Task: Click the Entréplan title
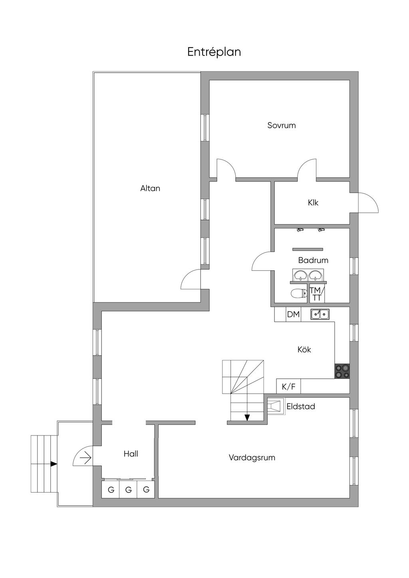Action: tap(214, 52)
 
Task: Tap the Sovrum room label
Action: tap(282, 125)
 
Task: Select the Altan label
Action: tap(150, 188)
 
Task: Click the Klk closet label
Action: tap(313, 202)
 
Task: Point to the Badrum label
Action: tap(313, 260)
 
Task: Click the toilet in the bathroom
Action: tap(299, 293)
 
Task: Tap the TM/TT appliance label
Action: tap(317, 294)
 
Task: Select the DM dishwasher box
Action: tap(293, 314)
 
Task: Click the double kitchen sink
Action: tap(320, 314)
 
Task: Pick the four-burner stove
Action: tap(342, 371)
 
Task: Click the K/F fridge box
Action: tap(288, 386)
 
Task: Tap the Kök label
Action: tap(304, 350)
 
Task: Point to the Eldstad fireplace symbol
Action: tap(276, 407)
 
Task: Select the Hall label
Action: tap(131, 454)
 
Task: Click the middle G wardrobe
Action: tap(128, 489)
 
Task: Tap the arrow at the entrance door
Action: tap(86, 459)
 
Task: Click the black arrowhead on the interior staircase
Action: tap(247, 417)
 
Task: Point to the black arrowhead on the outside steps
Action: tap(54, 464)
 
